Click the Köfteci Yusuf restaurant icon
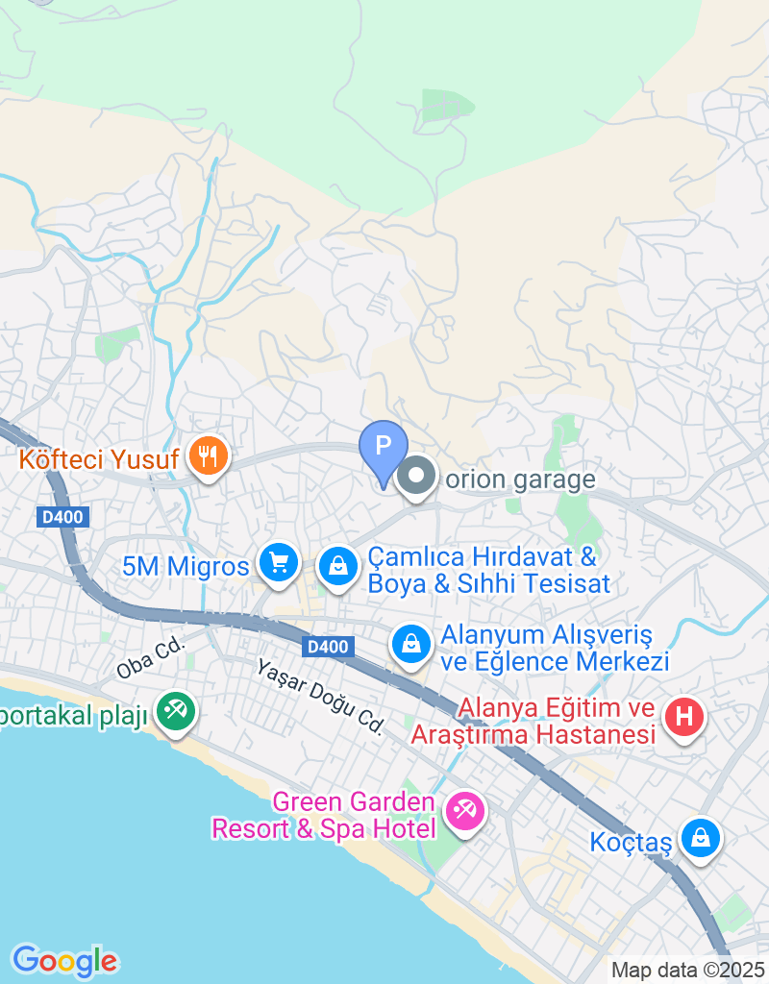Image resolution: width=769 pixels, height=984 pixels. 208,455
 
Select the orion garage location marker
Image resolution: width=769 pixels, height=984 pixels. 416,476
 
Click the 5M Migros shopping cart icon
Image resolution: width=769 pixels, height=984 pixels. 279,563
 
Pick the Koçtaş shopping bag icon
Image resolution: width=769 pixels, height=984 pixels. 702,838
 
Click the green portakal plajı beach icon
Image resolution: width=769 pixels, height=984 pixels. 176,712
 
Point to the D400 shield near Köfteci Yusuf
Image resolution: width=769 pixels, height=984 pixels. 62,517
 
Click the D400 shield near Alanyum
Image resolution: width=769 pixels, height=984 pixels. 326,648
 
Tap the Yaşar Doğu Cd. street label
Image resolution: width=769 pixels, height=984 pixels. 320,698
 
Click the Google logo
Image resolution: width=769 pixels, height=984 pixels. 64,960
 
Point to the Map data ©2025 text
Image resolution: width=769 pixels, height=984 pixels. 687,970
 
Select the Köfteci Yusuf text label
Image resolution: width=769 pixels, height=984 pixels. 98,459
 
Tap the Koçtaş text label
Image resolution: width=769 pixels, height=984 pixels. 630,843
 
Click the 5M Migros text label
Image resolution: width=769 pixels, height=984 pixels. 186,566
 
